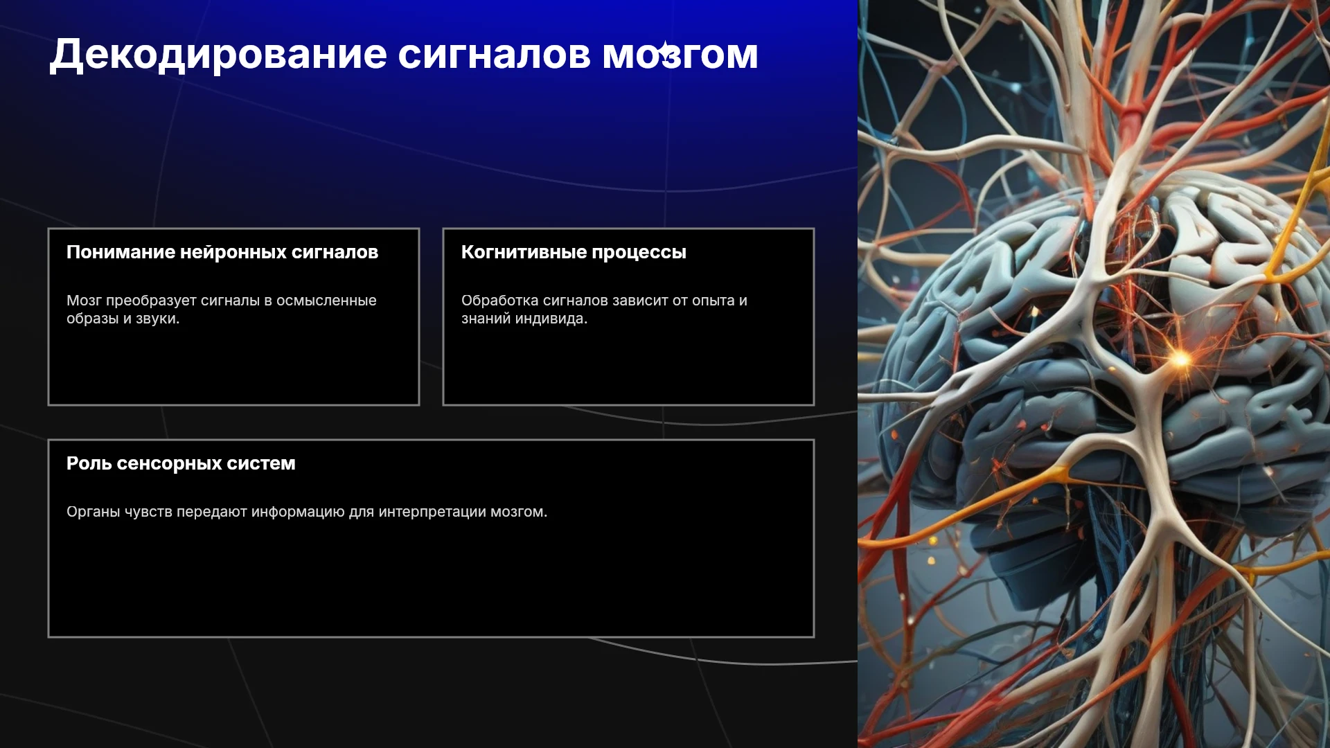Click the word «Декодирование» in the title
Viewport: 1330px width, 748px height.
pyautogui.click(x=218, y=55)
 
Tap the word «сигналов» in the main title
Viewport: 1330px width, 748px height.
pyautogui.click(x=494, y=55)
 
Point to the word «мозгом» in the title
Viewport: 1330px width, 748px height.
pyautogui.click(x=680, y=55)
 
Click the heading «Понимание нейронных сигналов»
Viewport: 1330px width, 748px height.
pyautogui.click(x=222, y=252)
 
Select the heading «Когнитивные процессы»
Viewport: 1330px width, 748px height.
pyautogui.click(x=574, y=252)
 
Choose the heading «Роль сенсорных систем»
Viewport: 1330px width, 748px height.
pyautogui.click(x=181, y=463)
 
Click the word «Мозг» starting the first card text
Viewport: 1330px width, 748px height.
pyautogui.click(x=84, y=301)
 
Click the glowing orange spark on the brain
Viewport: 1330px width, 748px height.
pyautogui.click(x=1179, y=358)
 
